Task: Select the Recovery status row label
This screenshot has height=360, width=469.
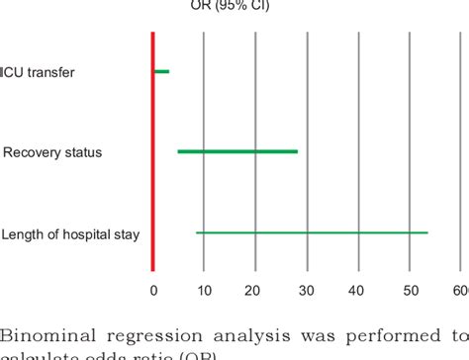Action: click(x=52, y=152)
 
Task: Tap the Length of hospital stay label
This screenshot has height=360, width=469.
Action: click(x=70, y=234)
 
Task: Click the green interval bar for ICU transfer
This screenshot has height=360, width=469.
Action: click(x=161, y=71)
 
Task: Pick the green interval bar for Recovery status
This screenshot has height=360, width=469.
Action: click(x=237, y=151)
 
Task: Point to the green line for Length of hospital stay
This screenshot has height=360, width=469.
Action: click(x=312, y=232)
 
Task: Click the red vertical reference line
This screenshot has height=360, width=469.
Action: click(x=152, y=148)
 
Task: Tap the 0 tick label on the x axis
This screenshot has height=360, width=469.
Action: click(x=152, y=291)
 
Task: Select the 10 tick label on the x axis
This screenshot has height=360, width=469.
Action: click(x=204, y=291)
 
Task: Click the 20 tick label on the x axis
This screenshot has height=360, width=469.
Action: click(x=255, y=291)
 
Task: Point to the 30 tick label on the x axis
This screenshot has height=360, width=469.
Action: click(x=307, y=291)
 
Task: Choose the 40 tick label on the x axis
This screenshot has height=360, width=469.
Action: click(x=358, y=291)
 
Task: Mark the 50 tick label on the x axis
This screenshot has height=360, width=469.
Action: click(x=410, y=291)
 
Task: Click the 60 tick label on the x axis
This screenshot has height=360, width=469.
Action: click(x=460, y=291)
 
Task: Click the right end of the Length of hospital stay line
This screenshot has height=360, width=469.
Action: click(x=427, y=232)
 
